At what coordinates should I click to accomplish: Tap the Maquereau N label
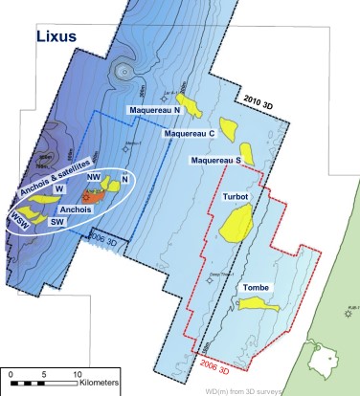(156, 111)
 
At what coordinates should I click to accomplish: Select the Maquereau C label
(191, 134)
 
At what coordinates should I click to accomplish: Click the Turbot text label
(236, 196)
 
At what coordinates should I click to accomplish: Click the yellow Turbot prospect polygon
(234, 224)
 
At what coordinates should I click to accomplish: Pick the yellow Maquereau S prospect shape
(246, 152)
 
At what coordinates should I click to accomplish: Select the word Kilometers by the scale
(92, 383)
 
